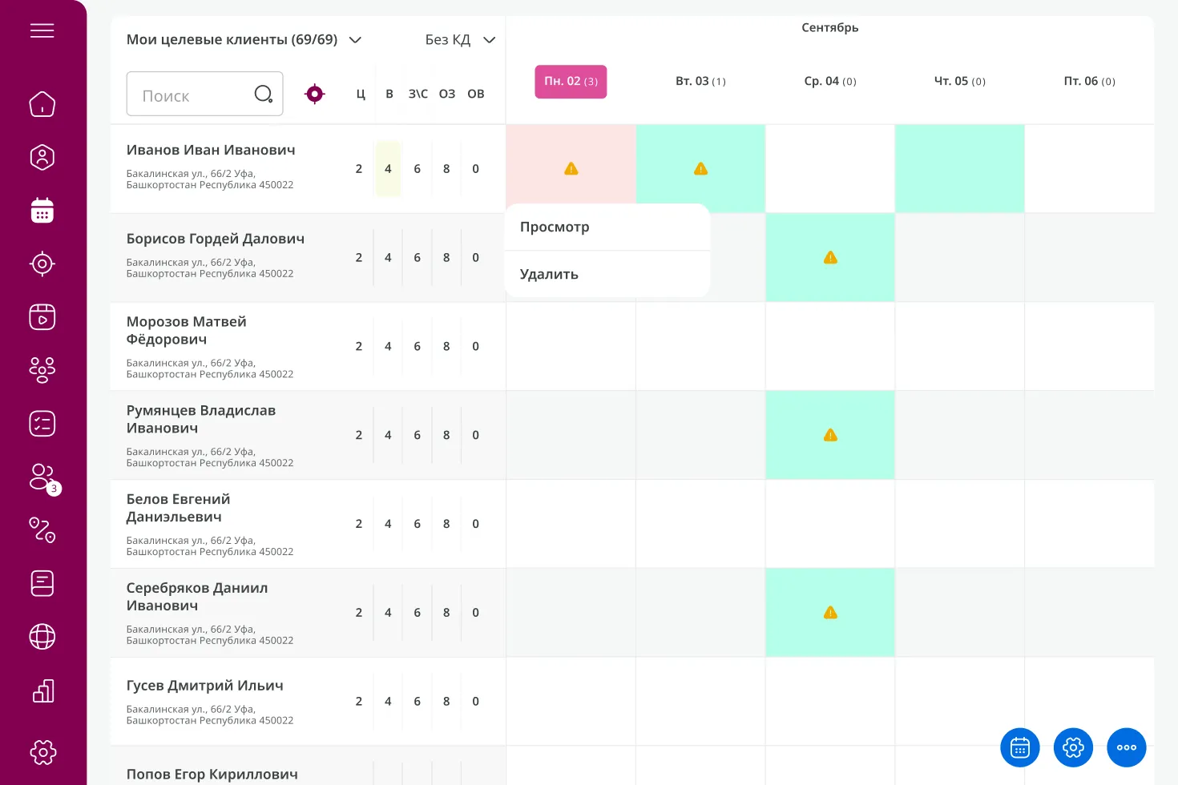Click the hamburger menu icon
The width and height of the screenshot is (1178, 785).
[x=42, y=30]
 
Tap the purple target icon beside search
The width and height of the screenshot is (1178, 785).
[x=315, y=95]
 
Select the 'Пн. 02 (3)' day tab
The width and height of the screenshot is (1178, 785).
[x=571, y=82]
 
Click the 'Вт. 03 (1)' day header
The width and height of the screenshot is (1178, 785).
[x=700, y=82]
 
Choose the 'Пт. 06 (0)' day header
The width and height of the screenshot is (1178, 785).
[x=1089, y=82]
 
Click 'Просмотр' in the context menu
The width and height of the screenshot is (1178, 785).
[x=555, y=227]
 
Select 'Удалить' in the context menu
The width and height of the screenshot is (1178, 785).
[x=549, y=275]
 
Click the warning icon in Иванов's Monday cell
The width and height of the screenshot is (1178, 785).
[x=571, y=169]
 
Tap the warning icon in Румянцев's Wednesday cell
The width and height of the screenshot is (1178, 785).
[x=830, y=435]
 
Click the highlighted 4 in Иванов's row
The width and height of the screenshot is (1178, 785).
[x=388, y=169]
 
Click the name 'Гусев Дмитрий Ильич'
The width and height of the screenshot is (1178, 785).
[x=205, y=686]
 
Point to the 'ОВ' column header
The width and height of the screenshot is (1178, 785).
[x=476, y=95]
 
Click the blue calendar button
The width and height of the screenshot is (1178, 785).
[x=1020, y=747]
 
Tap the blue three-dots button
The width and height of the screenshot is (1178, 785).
[x=1127, y=747]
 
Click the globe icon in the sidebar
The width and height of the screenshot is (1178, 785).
[x=42, y=637]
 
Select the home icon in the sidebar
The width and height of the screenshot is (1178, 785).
[x=42, y=104]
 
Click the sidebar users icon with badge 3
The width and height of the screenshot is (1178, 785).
[x=42, y=477]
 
